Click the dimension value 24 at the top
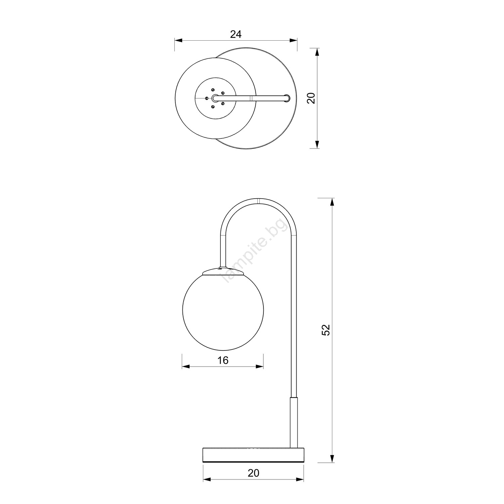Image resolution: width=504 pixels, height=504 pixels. (x=236, y=34)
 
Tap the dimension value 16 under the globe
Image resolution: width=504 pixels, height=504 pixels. (x=222, y=360)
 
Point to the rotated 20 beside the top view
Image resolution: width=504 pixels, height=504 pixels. (x=311, y=98)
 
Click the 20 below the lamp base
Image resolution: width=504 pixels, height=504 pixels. (x=253, y=473)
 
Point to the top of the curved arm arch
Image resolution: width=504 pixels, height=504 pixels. (x=259, y=201)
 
